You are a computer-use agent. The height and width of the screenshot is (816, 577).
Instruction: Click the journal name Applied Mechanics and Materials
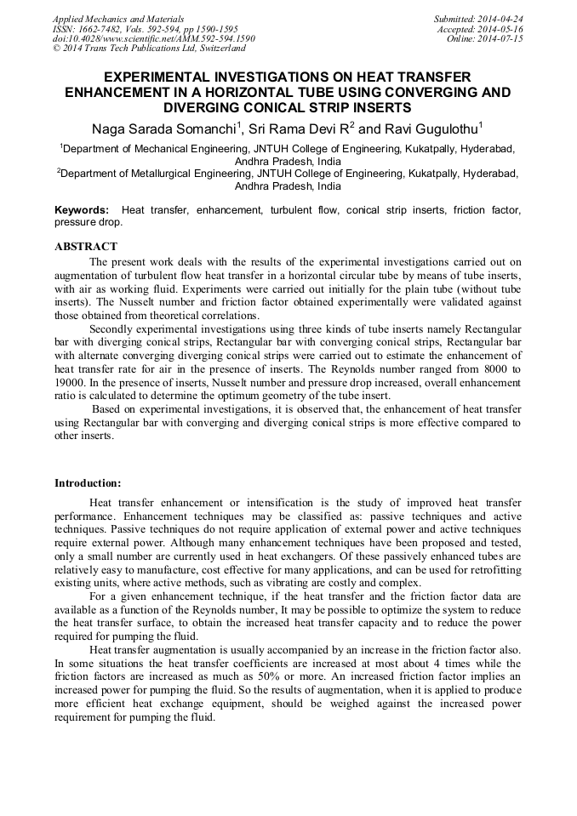click(118, 19)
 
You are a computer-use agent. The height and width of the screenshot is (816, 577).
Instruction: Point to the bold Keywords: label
click(82, 210)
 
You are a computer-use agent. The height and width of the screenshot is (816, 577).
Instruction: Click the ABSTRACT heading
click(85, 247)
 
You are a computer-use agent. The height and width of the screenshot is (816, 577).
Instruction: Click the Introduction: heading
click(88, 483)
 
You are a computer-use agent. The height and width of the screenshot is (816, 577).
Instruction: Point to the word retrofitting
click(491, 570)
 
